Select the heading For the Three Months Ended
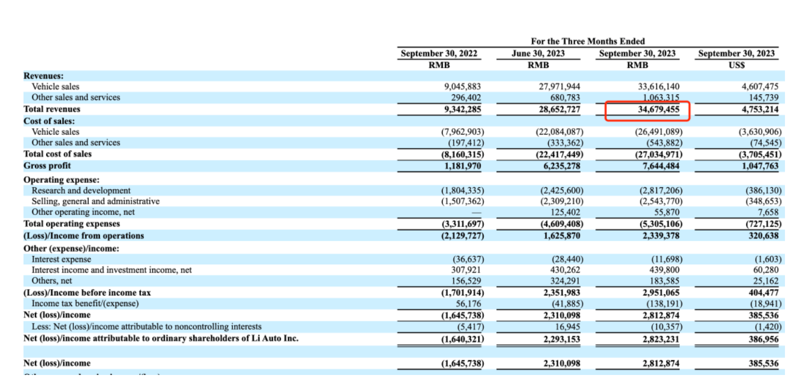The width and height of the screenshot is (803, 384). tap(588, 41)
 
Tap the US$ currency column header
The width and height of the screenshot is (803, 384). tap(736, 65)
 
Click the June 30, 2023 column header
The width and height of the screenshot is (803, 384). tap(539, 54)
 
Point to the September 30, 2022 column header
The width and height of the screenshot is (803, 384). tap(439, 54)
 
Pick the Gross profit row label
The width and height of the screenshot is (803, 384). tap(48, 165)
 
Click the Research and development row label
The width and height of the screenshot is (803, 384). tap(81, 190)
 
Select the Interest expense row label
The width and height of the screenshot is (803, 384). tap(61, 259)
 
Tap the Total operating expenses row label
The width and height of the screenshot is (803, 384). tap(72, 224)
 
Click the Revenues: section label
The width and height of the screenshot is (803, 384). tap(43, 75)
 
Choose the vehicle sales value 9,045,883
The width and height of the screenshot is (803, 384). tap(463, 86)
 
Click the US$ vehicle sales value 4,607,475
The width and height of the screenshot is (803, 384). tap(757, 86)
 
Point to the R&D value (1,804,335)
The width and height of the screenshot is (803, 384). tap(462, 190)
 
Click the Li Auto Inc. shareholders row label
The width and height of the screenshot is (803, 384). tap(161, 338)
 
